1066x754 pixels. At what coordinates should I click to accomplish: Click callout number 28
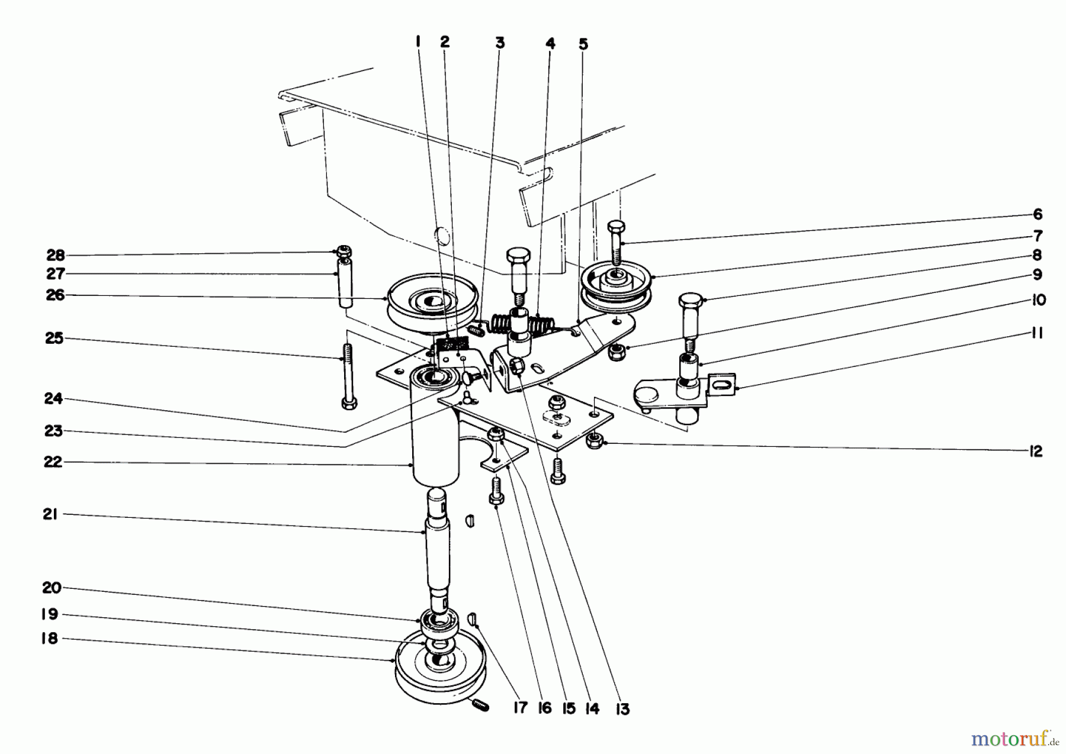pyautogui.click(x=55, y=256)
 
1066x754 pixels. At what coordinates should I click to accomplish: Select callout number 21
pyautogui.click(x=50, y=515)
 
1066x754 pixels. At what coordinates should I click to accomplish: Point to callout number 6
pyautogui.click(x=1038, y=214)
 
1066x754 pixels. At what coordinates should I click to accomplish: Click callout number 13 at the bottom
pyautogui.click(x=622, y=709)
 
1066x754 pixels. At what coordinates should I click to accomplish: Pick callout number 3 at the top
pyautogui.click(x=499, y=43)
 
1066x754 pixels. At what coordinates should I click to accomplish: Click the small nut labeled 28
pyautogui.click(x=343, y=250)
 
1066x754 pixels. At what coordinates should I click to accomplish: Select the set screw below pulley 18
pyautogui.click(x=480, y=705)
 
